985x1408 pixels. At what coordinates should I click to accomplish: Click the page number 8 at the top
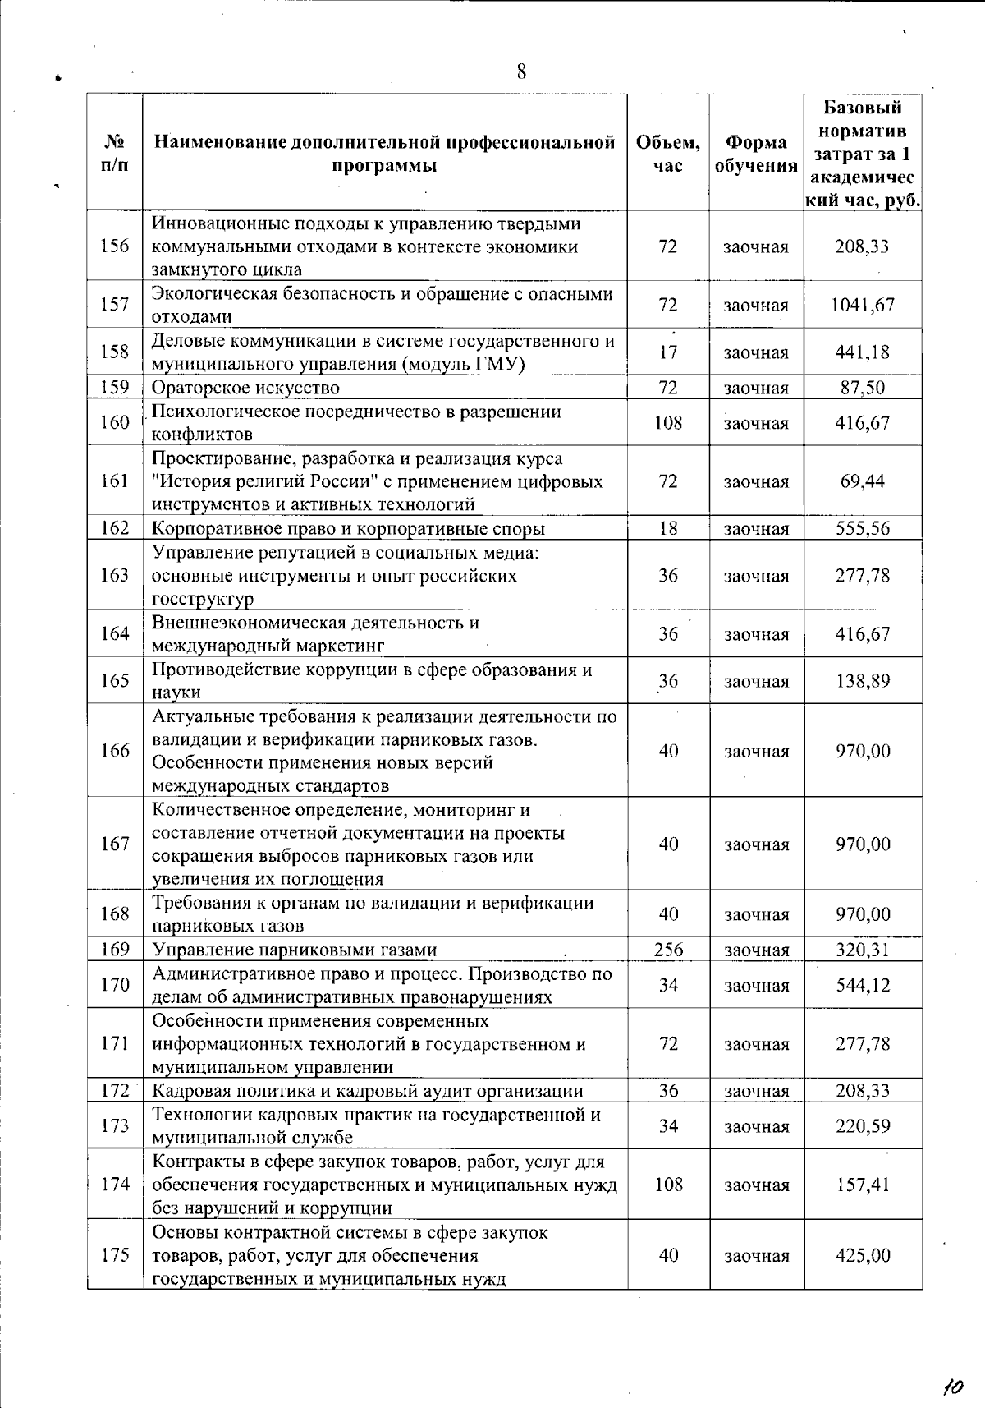coord(521,71)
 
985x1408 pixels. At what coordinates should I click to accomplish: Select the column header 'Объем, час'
coord(668,154)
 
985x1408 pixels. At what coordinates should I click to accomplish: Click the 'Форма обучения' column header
coord(756,154)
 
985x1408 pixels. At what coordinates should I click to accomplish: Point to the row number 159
coord(115,387)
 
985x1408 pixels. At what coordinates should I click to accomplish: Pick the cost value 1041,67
coord(863,305)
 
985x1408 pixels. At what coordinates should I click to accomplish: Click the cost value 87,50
coord(863,388)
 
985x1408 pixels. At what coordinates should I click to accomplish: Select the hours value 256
coord(668,950)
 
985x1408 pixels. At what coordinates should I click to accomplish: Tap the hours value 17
coord(668,352)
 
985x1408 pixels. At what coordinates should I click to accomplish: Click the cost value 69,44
coord(863,481)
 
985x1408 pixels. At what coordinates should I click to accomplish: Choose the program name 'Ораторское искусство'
coord(245,388)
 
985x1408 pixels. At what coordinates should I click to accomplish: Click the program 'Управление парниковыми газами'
coord(295,950)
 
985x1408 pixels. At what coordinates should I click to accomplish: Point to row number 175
coord(115,1255)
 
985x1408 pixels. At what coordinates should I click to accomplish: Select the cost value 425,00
coord(863,1255)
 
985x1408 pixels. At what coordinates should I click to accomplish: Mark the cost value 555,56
coord(863,528)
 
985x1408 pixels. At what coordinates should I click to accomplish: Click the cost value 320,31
coord(863,950)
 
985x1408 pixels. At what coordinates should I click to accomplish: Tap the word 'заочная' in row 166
coord(756,752)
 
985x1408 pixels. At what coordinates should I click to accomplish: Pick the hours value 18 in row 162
coord(668,528)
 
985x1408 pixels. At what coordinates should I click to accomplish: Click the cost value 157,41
coord(863,1185)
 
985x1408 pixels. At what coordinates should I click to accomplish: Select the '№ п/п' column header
coord(115,154)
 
